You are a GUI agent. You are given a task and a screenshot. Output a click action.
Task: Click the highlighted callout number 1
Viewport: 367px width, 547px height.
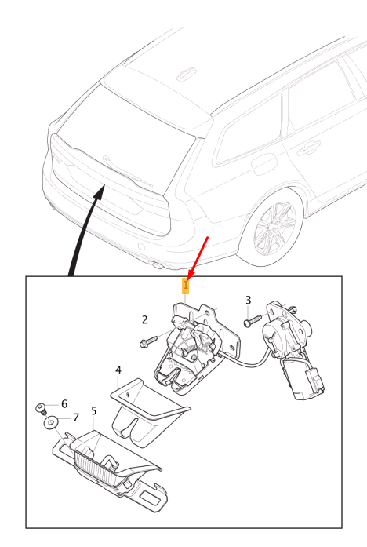tap(186, 284)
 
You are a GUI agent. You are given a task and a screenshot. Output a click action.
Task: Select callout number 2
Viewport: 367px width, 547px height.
tap(144, 319)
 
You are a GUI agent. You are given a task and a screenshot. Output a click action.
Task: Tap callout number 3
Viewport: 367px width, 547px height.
tap(249, 300)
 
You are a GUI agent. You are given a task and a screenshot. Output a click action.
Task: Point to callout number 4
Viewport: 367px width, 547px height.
tap(118, 370)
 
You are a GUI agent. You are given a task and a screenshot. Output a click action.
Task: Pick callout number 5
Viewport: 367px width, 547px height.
tap(93, 410)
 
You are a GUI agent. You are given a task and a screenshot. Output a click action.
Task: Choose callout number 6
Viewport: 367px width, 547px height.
tap(64, 403)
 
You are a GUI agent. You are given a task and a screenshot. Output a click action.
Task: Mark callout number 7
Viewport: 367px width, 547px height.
tap(76, 417)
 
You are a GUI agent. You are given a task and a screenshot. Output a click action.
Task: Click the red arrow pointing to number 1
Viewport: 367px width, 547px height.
tap(198, 255)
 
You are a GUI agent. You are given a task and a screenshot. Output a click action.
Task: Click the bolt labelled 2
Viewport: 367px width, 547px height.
tap(147, 341)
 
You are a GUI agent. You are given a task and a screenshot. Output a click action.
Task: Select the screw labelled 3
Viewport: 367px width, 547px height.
tap(249, 320)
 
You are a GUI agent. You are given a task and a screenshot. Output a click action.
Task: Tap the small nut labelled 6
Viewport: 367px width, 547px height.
tap(39, 407)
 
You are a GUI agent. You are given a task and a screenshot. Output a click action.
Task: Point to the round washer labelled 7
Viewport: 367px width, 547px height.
tap(49, 425)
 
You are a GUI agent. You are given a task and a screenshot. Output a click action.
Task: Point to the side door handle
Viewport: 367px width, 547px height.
tap(309, 145)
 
